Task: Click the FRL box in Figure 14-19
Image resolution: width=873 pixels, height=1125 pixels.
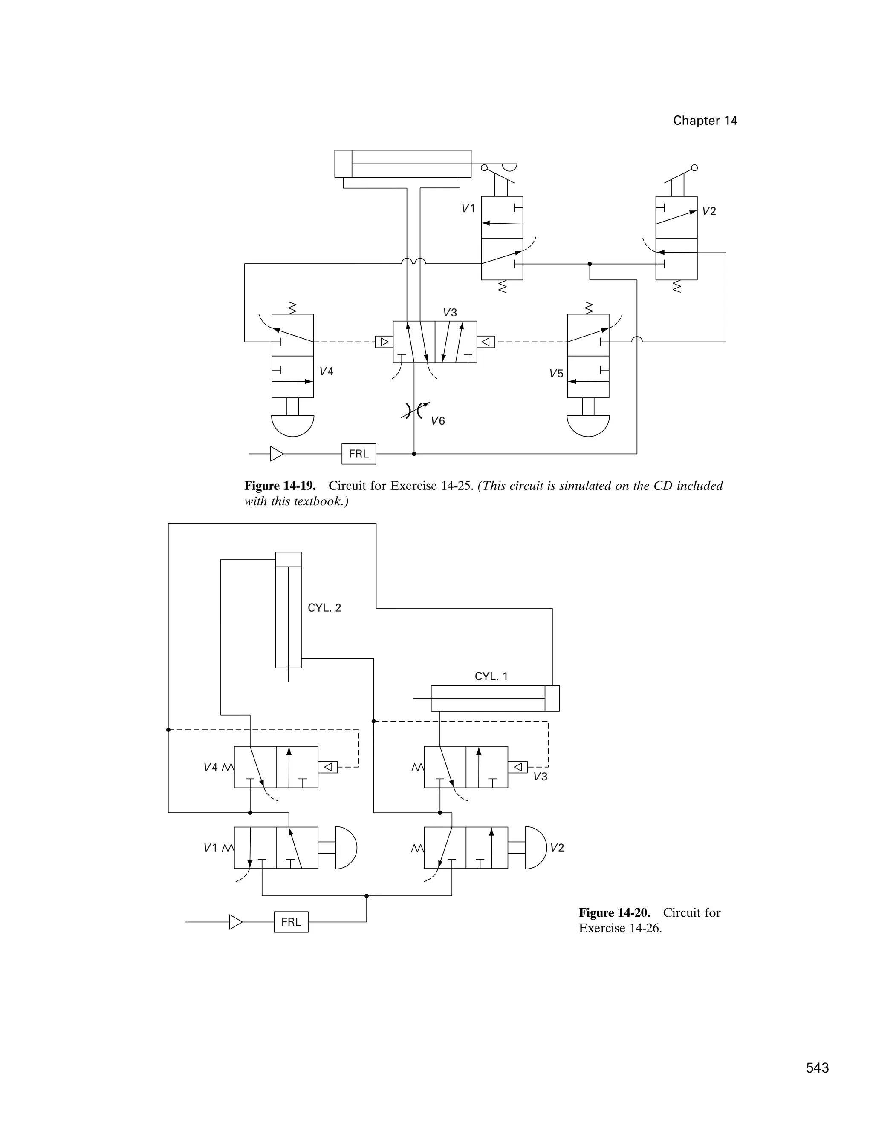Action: pyautogui.click(x=358, y=454)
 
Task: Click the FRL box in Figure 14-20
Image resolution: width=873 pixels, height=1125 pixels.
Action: pyautogui.click(x=291, y=922)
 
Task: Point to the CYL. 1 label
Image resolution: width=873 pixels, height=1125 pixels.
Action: pyautogui.click(x=491, y=676)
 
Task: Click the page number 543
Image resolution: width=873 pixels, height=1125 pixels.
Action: pyautogui.click(x=817, y=1068)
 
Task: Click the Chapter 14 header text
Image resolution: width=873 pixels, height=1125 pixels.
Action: pyautogui.click(x=705, y=121)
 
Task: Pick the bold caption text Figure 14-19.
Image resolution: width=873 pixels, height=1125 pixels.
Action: pyautogui.click(x=280, y=486)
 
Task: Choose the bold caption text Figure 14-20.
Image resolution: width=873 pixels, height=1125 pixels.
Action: pyautogui.click(x=614, y=913)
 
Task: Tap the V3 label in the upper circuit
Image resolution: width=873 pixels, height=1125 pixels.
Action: pyautogui.click(x=450, y=313)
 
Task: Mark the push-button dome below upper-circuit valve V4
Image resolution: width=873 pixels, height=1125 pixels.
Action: pyautogui.click(x=293, y=426)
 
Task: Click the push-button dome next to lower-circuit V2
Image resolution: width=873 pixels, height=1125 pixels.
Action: pyautogui.click(x=535, y=848)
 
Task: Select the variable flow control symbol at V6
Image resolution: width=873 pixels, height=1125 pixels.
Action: pyautogui.click(x=414, y=411)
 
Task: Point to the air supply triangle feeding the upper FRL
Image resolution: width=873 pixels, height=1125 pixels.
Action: pyautogui.click(x=277, y=454)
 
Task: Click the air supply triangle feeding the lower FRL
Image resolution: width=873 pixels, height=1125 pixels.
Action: pyautogui.click(x=236, y=922)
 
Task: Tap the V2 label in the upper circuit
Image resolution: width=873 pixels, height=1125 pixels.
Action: pyautogui.click(x=709, y=211)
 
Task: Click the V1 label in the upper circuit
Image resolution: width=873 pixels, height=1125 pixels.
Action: pyautogui.click(x=468, y=209)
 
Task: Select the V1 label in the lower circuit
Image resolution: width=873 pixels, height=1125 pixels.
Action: pyautogui.click(x=210, y=848)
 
